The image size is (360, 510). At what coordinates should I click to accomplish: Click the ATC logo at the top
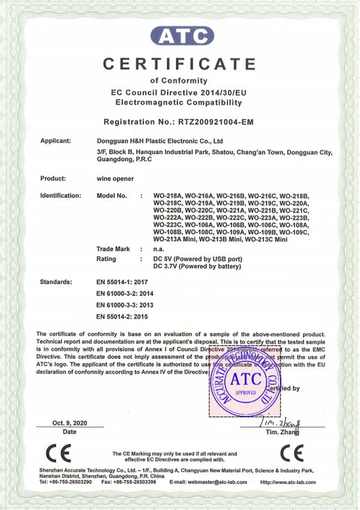(182, 36)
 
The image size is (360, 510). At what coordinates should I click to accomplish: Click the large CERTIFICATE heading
(179, 64)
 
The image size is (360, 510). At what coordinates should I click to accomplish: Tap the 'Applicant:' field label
(56, 141)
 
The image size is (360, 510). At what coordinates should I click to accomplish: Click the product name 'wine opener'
(115, 179)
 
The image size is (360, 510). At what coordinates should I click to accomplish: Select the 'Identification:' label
(61, 196)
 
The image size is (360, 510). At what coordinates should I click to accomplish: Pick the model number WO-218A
(167, 196)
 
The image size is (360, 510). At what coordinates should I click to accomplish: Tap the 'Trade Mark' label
(113, 248)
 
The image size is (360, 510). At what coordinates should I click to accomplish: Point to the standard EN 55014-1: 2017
(122, 281)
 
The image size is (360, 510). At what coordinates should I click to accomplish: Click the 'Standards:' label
(56, 281)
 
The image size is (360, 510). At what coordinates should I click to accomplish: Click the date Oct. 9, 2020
(70, 423)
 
